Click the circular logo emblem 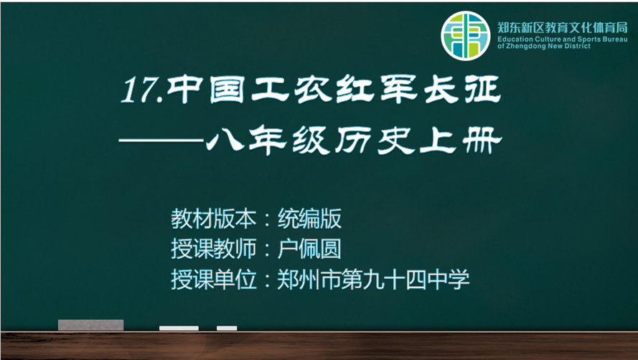click(x=466, y=36)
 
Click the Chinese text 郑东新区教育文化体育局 click(x=563, y=28)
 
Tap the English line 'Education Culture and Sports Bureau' click(x=563, y=39)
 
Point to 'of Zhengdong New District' click(x=543, y=47)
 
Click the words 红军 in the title click(x=376, y=89)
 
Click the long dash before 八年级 click(x=161, y=141)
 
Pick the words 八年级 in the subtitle click(x=268, y=141)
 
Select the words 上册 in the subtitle click(x=461, y=141)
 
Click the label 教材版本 click(x=214, y=219)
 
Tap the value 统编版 click(x=309, y=219)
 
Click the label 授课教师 click(x=214, y=249)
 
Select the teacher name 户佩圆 click(x=309, y=249)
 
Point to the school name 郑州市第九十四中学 click(x=373, y=280)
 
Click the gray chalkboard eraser click(x=90, y=325)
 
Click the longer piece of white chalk click(x=179, y=328)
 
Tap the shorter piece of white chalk click(x=227, y=328)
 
